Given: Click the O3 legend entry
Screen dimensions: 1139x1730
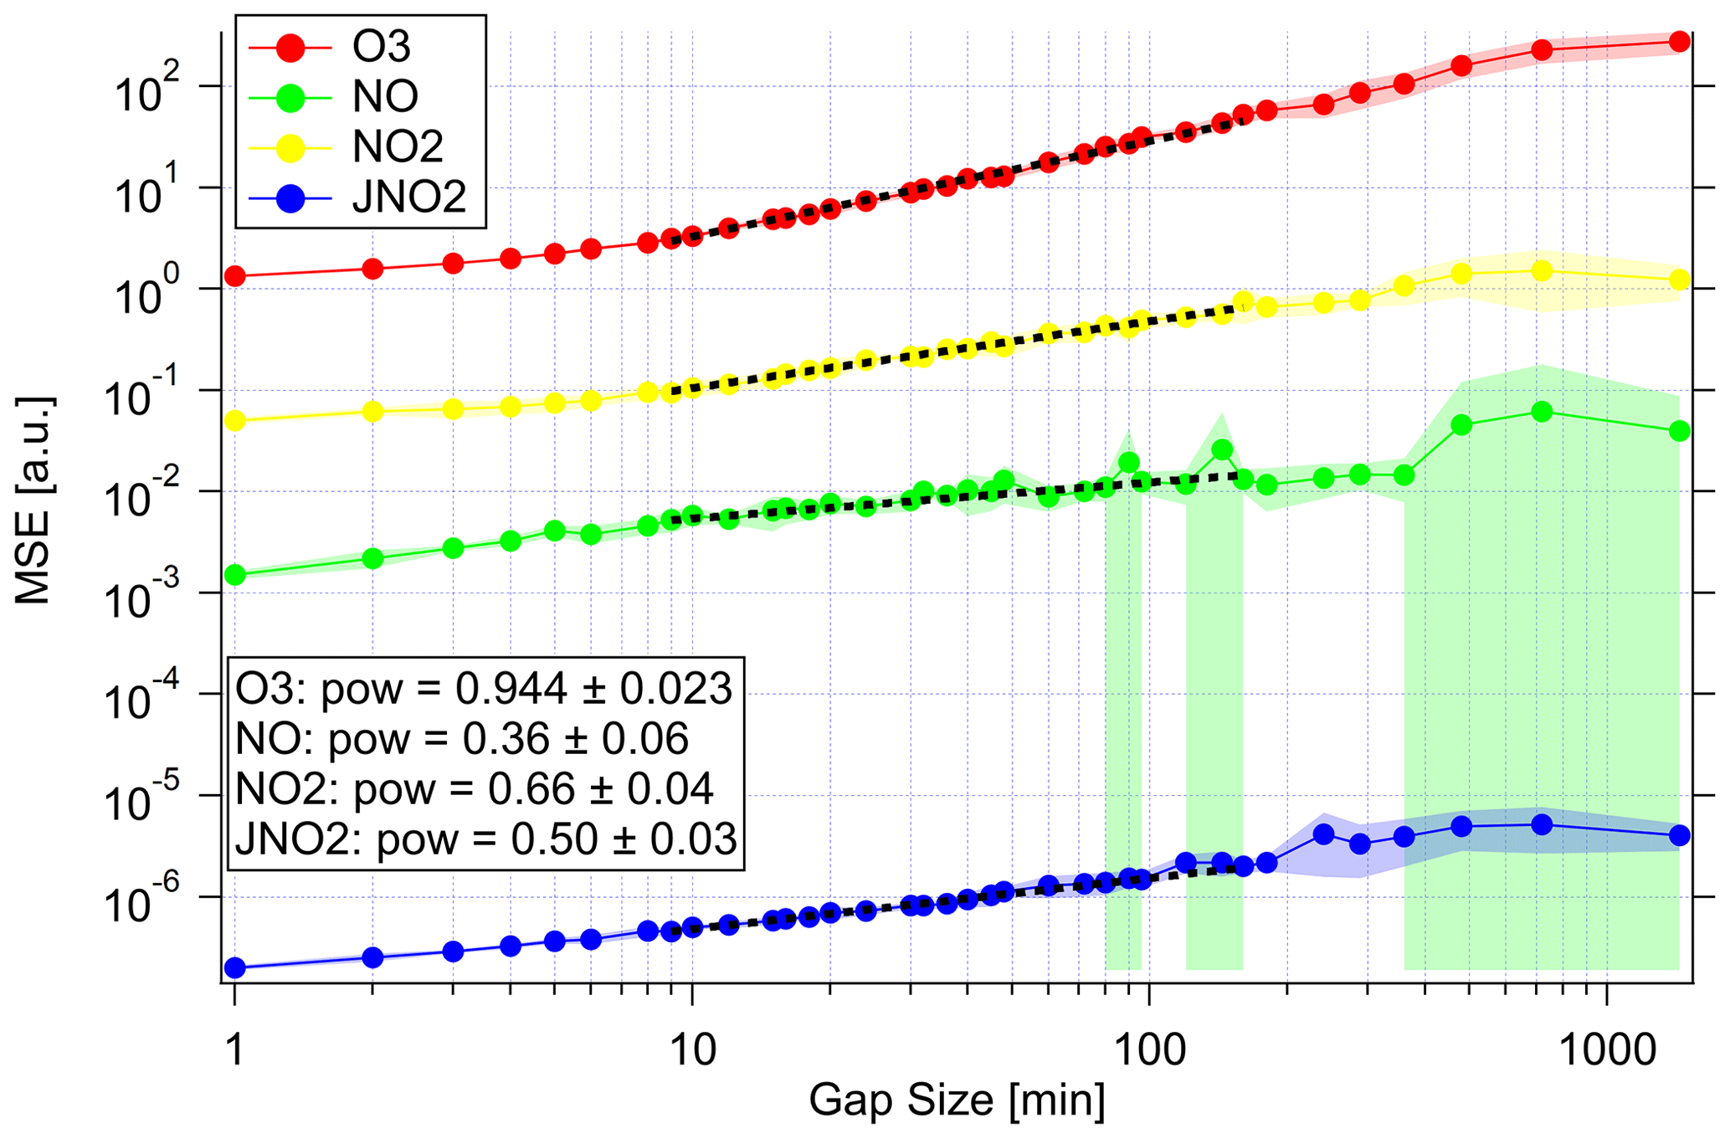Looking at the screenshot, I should pyautogui.click(x=360, y=47).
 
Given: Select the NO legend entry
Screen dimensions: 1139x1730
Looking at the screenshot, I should pyautogui.click(x=360, y=97).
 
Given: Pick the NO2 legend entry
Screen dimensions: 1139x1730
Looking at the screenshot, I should pyautogui.click(x=360, y=147).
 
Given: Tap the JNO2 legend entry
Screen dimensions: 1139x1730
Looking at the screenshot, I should pyautogui.click(x=360, y=198).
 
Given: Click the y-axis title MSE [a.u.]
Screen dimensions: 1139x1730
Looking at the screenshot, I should pyautogui.click(x=33, y=500).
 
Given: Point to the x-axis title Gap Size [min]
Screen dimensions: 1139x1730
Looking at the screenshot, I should pyautogui.click(x=956, y=1100).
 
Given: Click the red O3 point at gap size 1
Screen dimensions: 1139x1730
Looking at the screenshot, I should pyautogui.click(x=235, y=276).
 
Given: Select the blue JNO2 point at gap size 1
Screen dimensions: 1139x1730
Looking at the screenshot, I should pyautogui.click(x=235, y=968).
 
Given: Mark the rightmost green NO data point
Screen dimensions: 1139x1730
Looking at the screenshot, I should pyautogui.click(x=1679, y=431).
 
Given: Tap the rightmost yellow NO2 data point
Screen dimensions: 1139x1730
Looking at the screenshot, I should pyautogui.click(x=1679, y=280).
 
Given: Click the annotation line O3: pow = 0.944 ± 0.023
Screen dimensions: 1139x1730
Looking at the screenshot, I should pyautogui.click(x=484, y=689).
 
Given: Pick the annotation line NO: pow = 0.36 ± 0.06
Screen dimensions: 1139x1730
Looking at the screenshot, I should pyautogui.click(x=462, y=739).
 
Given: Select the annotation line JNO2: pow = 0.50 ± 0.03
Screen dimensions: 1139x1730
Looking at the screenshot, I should pyautogui.click(x=485, y=839).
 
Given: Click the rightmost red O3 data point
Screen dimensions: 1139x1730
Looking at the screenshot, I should pyautogui.click(x=1679, y=42).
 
